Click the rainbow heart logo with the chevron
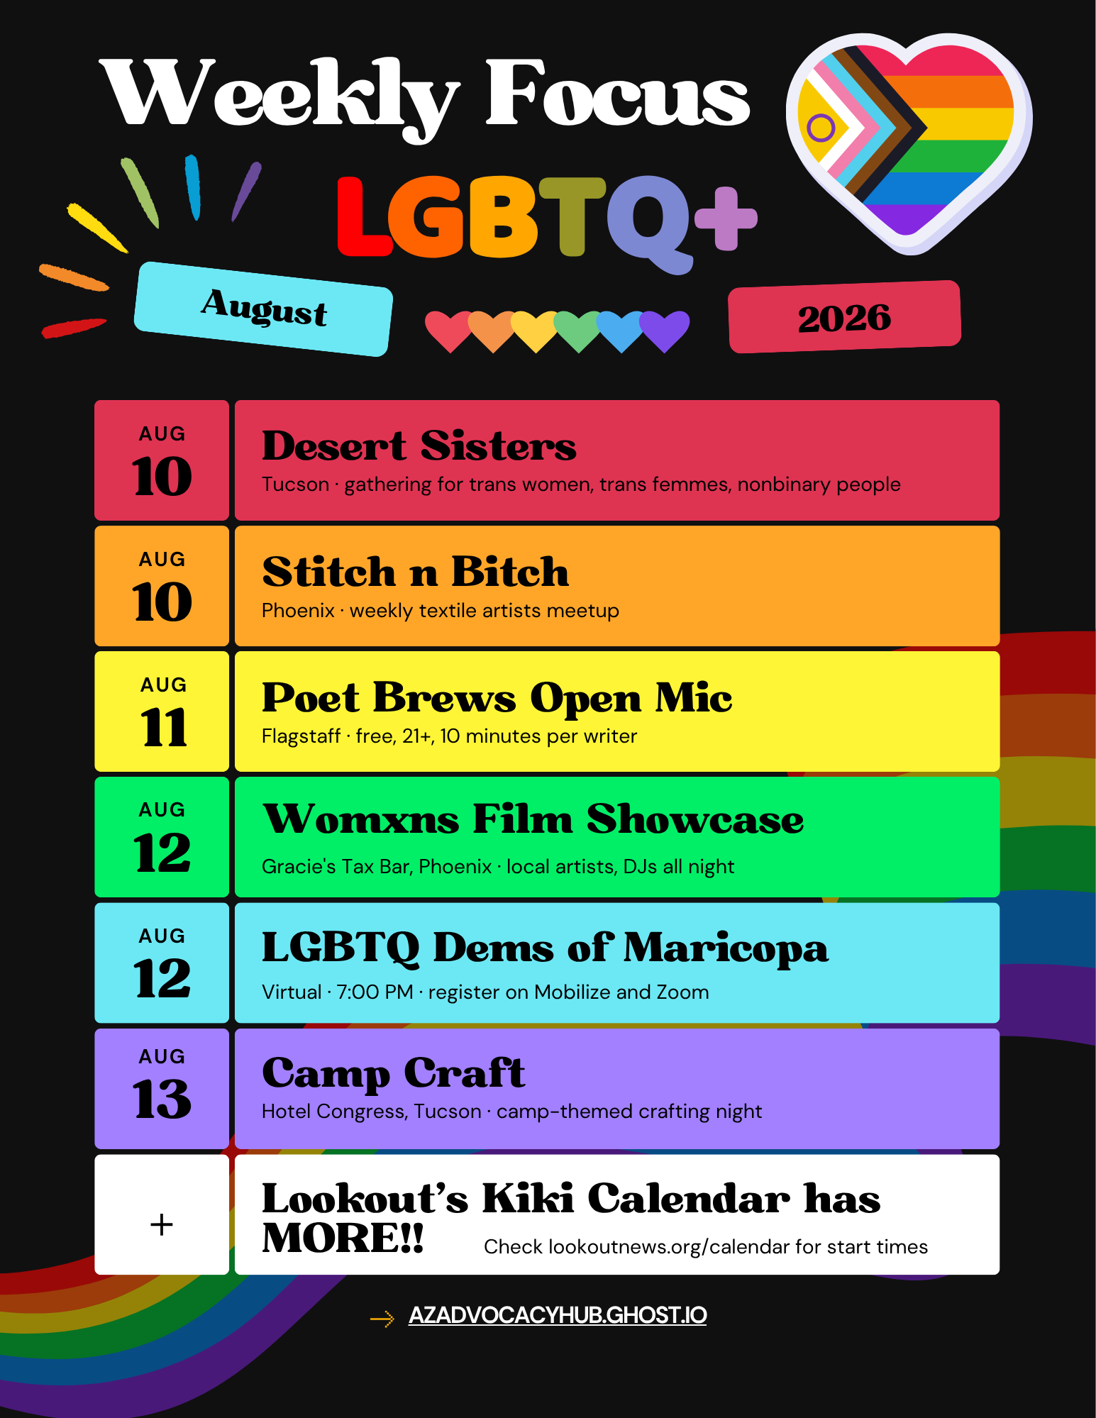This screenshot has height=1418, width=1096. click(909, 142)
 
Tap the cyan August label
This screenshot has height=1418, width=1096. click(263, 309)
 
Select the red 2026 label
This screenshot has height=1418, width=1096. click(844, 316)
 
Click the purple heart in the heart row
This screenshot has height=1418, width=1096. click(665, 331)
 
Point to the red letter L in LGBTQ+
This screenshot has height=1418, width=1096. click(363, 216)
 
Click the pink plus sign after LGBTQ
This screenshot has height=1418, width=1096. click(726, 218)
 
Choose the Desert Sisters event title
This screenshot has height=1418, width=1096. click(419, 446)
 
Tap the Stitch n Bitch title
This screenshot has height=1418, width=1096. click(415, 572)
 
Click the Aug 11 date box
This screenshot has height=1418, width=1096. click(162, 711)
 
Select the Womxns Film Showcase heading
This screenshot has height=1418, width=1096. click(533, 819)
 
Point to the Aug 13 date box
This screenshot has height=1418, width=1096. click(162, 1088)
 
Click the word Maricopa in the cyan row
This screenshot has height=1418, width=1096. click(726, 949)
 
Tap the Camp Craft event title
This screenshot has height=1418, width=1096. click(393, 1073)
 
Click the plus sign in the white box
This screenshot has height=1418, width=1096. click(162, 1224)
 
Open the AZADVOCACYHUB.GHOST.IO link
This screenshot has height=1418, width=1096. click(558, 1315)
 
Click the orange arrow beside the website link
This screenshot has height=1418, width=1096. click(382, 1319)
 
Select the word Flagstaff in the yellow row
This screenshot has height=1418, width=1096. click(301, 736)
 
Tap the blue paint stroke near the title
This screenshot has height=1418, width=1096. click(193, 187)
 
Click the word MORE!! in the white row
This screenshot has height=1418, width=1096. click(343, 1239)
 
